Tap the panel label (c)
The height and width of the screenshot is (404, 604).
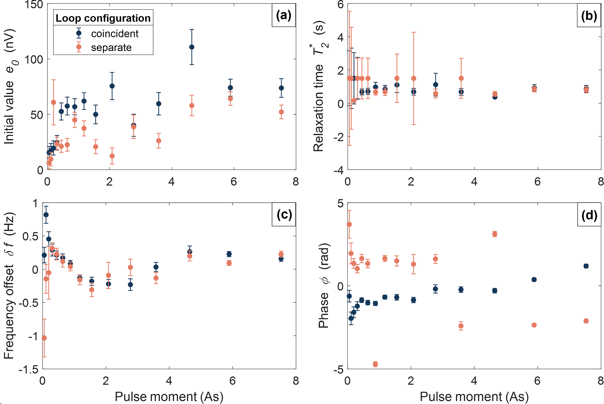pyautogui.click(x=284, y=215)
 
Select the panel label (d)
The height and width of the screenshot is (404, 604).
pyautogui.click(x=589, y=215)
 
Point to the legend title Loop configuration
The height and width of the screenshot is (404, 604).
pyautogui.click(x=103, y=18)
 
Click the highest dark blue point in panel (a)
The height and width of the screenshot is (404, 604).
pyautogui.click(x=192, y=47)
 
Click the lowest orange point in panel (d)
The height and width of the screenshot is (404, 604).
pyautogui.click(x=375, y=364)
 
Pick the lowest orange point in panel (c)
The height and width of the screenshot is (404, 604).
pyautogui.click(x=44, y=338)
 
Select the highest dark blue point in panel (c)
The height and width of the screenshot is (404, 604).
pyautogui.click(x=46, y=215)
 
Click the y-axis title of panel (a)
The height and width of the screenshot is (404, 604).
pyautogui.click(x=10, y=86)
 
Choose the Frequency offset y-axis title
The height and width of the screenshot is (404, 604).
pyautogui.click(x=9, y=286)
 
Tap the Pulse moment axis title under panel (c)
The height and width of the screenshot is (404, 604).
pyautogui.click(x=169, y=397)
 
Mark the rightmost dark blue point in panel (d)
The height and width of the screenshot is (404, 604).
pyautogui.click(x=586, y=266)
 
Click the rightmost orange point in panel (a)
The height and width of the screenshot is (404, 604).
pyautogui.click(x=281, y=112)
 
